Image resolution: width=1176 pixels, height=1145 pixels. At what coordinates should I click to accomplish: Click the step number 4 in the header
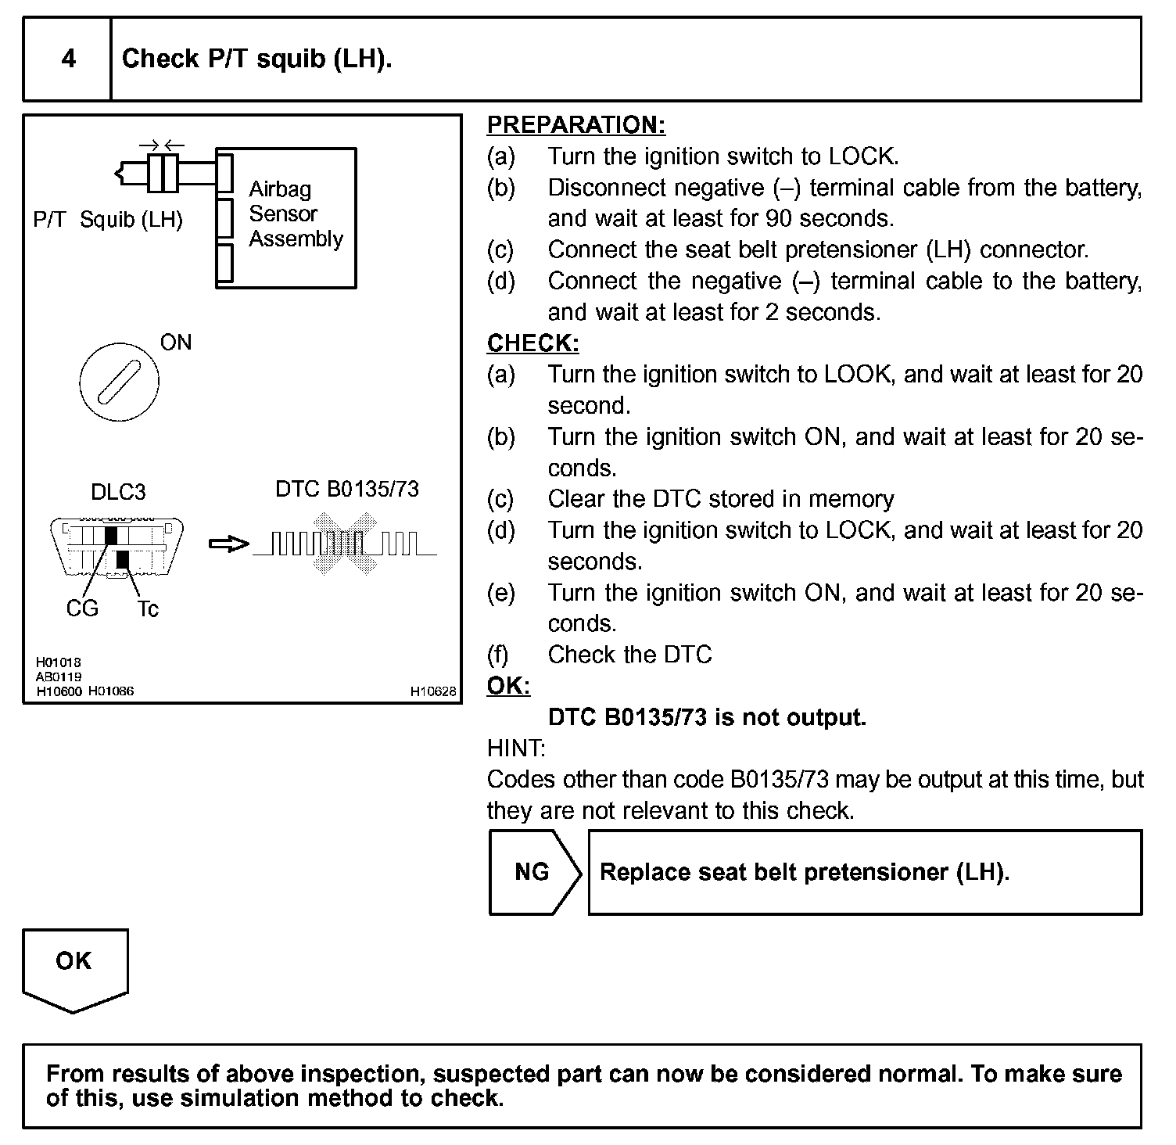(68, 59)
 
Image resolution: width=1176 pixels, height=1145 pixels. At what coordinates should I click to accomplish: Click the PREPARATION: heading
(575, 125)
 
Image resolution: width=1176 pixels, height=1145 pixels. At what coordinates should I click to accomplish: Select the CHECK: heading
(532, 343)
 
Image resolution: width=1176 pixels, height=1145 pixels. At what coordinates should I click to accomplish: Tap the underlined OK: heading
(507, 686)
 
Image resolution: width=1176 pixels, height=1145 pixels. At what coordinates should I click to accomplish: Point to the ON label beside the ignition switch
(175, 343)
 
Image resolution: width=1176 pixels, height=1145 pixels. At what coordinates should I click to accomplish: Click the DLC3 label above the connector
(118, 492)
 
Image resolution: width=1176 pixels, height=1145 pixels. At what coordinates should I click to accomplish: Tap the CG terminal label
(82, 608)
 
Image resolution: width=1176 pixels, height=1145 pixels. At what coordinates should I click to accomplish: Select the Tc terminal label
(147, 609)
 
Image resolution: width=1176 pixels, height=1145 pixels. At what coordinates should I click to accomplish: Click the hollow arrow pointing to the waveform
(229, 544)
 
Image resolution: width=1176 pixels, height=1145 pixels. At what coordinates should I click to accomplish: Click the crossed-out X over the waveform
(344, 544)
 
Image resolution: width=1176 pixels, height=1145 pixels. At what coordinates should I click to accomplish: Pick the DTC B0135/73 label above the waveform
(347, 490)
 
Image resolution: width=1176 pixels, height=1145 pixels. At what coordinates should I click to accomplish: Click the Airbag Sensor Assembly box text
(295, 214)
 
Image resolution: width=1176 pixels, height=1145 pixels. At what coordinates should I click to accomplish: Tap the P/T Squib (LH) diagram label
(108, 220)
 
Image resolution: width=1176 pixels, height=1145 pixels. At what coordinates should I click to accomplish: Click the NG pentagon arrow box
(533, 872)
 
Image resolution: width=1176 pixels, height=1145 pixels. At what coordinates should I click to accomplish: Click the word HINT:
(515, 748)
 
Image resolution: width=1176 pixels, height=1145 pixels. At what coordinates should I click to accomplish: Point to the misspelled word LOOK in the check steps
(858, 375)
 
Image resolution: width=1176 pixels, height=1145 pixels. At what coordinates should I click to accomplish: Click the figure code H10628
(433, 691)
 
